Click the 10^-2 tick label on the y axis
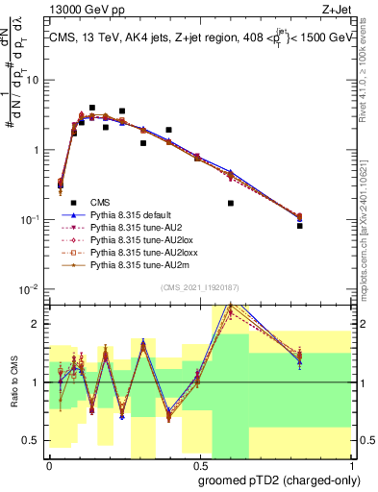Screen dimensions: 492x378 click(x=29, y=289)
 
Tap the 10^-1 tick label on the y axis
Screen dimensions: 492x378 click(x=29, y=220)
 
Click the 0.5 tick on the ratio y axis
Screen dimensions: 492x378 click(x=34, y=441)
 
